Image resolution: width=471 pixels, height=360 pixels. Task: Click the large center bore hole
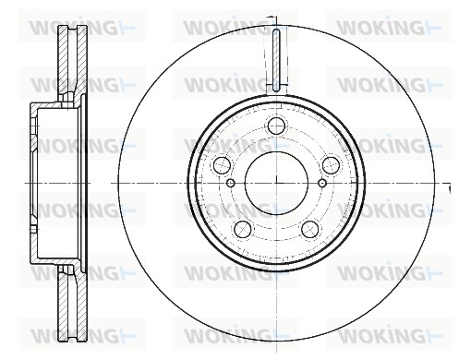tap(276, 183)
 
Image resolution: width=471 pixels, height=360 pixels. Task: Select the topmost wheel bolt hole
tap(276, 126)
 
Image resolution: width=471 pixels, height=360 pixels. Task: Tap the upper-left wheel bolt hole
tap(222, 165)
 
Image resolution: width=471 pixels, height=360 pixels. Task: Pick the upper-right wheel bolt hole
tap(331, 165)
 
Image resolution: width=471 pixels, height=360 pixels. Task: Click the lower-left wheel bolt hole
tap(243, 229)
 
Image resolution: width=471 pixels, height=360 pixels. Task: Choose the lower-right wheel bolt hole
tap(310, 229)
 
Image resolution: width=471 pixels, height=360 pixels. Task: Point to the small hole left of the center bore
tap(231, 184)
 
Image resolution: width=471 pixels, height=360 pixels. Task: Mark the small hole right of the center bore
tap(322, 184)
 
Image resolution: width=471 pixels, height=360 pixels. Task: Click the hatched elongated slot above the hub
tap(276, 60)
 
